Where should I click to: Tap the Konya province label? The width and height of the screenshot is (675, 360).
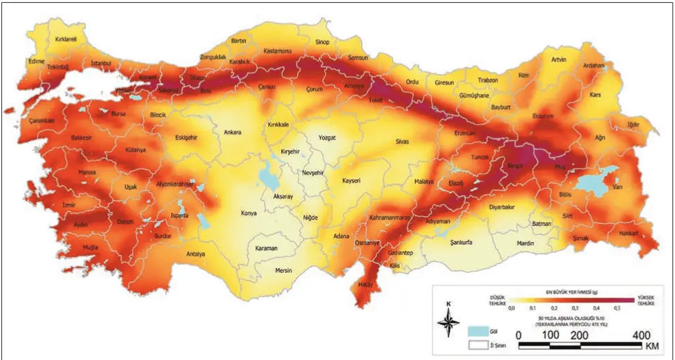point(249,214)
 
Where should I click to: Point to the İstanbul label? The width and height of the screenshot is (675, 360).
point(102,64)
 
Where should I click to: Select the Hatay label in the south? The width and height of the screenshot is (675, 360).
point(365,284)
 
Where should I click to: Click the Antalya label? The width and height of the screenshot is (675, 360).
point(196,254)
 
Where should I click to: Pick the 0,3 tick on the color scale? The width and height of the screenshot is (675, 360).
point(575,308)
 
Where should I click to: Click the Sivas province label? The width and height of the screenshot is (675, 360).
point(402,142)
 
